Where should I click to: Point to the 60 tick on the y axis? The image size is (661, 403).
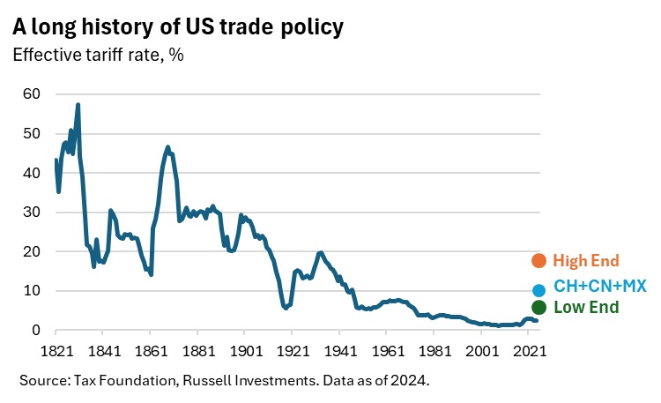click(33, 94)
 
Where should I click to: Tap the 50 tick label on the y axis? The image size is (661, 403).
click(33, 134)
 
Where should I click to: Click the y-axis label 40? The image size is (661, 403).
click(33, 173)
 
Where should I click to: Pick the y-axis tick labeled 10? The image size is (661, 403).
click(33, 291)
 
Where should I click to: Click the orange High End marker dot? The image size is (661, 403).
click(539, 260)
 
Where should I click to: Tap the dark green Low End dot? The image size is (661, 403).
click(539, 307)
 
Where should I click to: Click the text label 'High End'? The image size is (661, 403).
click(586, 260)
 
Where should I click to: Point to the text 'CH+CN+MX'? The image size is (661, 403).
click(599, 287)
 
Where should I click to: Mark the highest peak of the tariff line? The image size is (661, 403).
click(78, 105)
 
